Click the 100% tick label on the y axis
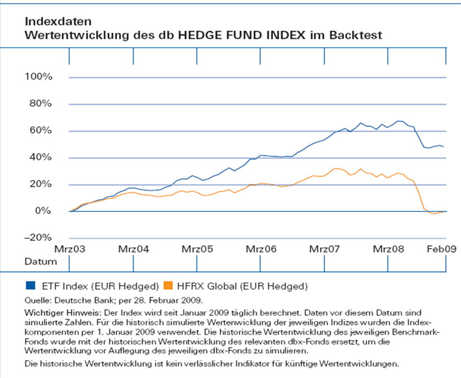pyautogui.click(x=38, y=77)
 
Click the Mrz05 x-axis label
pyautogui.click(x=197, y=249)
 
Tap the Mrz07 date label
pyautogui.click(x=324, y=249)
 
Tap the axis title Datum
pyautogui.click(x=40, y=262)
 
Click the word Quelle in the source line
pyautogui.click(x=36, y=299)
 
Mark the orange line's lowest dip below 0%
pyautogui.click(x=435, y=214)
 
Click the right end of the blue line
pyautogui.click(x=443, y=147)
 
